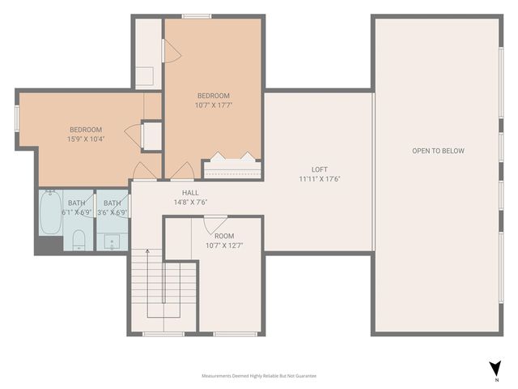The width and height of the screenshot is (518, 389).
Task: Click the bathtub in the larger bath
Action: coord(51,212)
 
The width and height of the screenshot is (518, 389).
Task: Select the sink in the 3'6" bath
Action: coord(111,240)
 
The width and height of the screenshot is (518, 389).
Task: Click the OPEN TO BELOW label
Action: coord(438,152)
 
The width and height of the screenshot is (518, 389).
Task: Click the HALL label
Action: coord(190,193)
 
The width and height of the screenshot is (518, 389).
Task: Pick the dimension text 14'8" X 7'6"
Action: coord(190,203)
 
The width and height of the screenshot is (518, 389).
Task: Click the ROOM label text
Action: coord(224,236)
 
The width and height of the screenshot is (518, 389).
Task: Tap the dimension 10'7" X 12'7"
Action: coord(224,246)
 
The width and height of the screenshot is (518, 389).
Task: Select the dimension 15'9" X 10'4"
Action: coord(85,139)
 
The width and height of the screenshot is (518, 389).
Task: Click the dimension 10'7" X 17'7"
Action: coord(214,105)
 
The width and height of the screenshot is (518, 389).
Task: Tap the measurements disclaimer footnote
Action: coord(259,376)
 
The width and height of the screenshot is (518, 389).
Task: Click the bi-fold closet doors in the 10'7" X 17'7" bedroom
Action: coord(233,156)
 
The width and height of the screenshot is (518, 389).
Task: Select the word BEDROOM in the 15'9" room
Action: coord(85,130)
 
